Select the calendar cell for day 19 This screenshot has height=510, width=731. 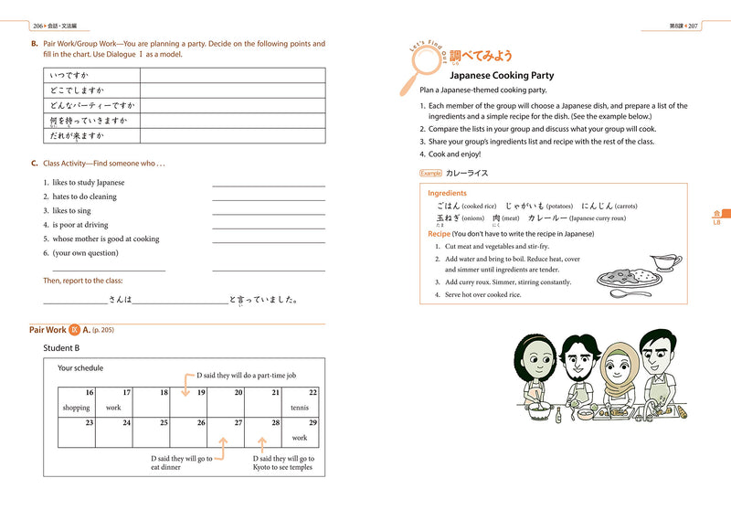[189, 400]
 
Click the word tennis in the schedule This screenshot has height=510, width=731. [300, 408]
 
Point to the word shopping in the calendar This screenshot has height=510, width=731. [76, 408]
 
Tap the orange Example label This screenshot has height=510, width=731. [430, 173]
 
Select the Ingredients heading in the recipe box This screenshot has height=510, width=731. [447, 193]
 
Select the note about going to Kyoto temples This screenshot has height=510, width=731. [282, 463]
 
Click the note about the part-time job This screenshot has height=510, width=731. [246, 376]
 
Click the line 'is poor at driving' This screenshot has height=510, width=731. [80, 225]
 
